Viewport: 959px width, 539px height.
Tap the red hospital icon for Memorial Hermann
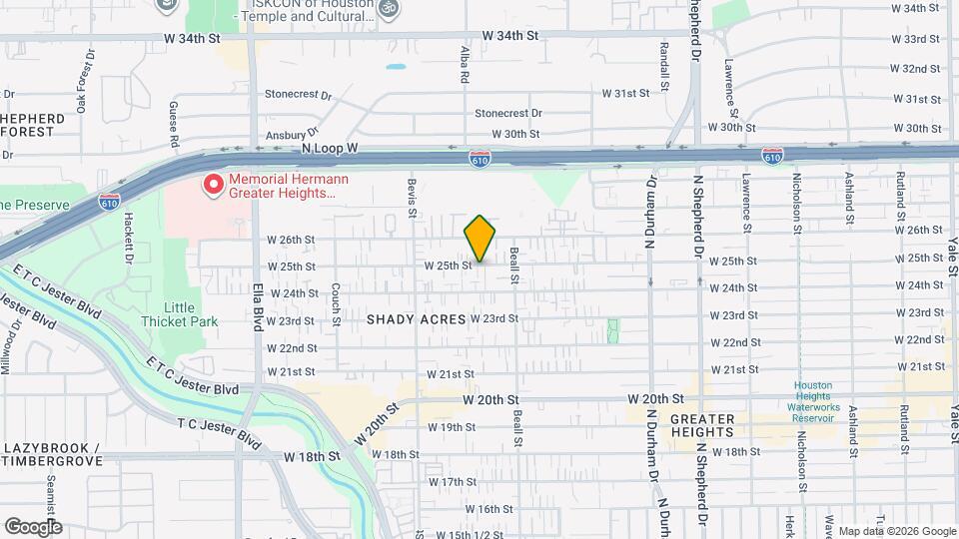213,185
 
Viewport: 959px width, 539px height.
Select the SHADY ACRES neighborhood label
416,319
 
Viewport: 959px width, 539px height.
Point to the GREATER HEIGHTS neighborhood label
702,425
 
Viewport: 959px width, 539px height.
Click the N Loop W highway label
329,148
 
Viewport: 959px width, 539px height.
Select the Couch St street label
337,298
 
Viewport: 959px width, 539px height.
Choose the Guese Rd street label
174,124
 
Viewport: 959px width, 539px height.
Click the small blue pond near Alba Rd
397,68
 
